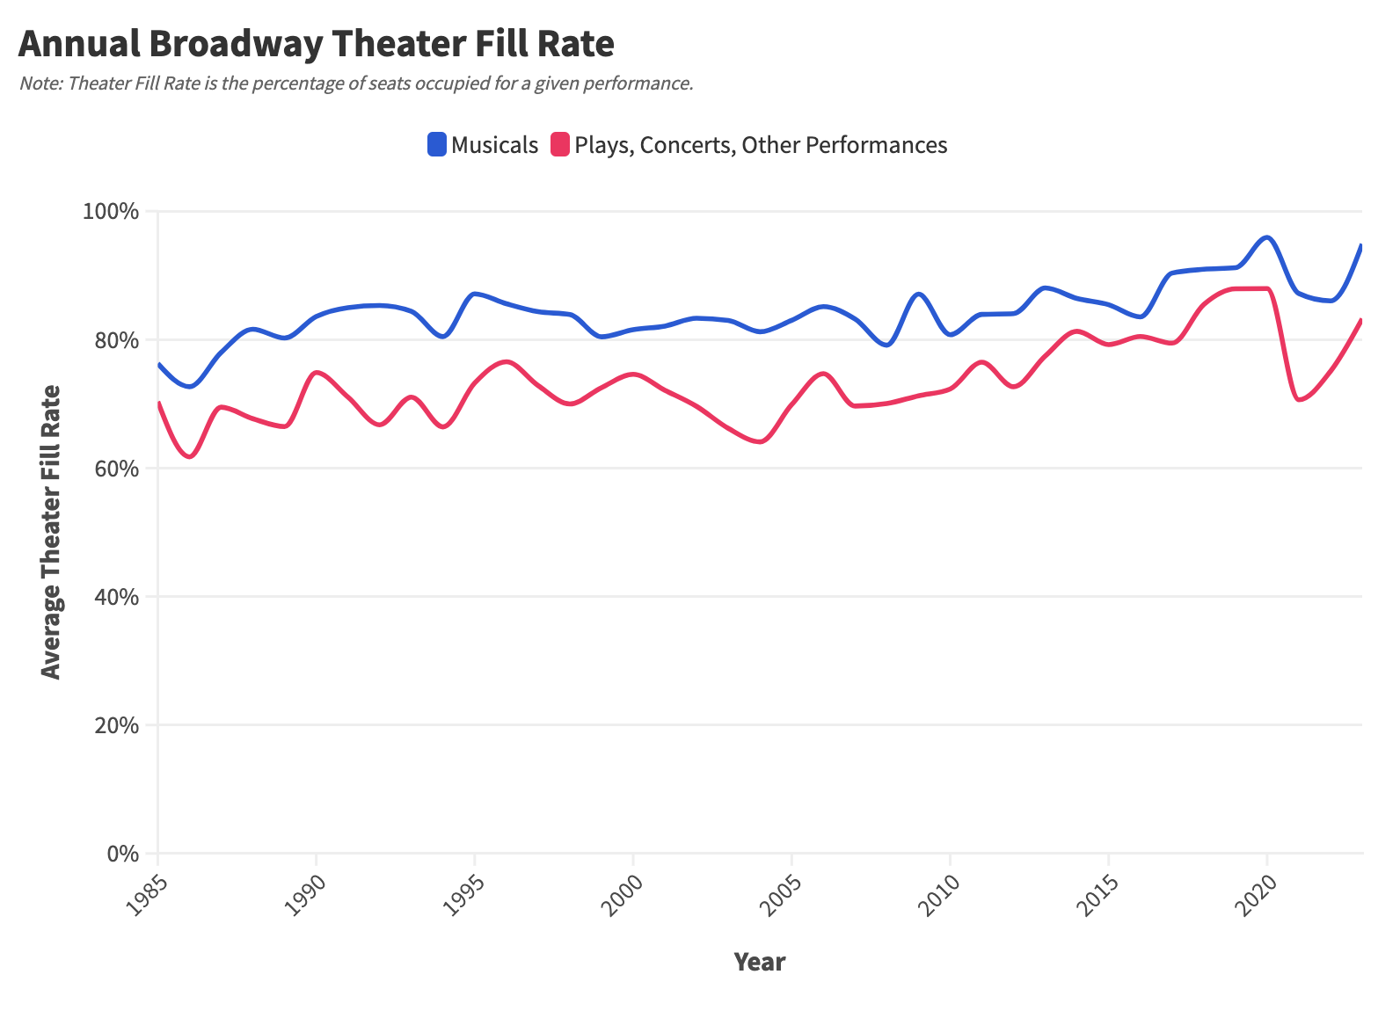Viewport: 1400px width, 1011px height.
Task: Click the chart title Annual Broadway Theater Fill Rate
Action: point(316,43)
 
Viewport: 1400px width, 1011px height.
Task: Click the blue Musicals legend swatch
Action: point(437,144)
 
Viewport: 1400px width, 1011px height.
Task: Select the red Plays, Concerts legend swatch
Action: point(560,144)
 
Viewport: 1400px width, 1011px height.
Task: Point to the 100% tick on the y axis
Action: point(111,212)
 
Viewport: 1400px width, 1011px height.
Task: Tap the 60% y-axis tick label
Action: point(117,469)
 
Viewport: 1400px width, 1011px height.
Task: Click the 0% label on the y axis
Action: point(123,854)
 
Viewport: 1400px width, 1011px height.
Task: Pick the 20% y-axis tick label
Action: point(117,725)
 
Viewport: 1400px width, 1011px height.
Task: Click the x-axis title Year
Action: point(759,962)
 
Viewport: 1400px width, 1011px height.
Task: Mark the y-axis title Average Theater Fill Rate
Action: point(52,532)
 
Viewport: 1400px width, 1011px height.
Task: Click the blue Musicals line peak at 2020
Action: point(1266,237)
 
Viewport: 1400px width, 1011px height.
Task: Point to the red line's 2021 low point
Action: point(1299,400)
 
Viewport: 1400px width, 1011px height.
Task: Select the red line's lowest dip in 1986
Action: point(189,456)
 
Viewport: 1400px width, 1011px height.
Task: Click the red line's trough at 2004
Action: point(760,442)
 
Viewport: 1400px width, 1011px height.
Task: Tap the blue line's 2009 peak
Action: point(918,294)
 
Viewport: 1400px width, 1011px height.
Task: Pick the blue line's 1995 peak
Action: point(475,294)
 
